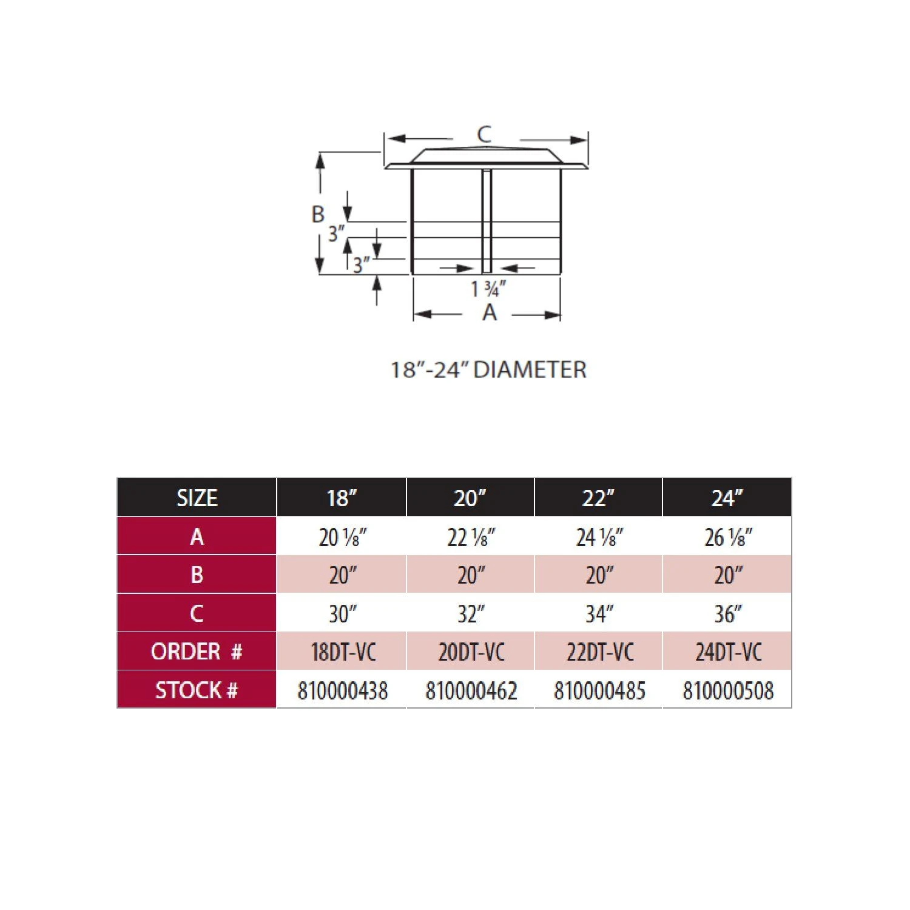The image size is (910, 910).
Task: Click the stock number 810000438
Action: pos(342,690)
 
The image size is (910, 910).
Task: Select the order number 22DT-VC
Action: pos(599,652)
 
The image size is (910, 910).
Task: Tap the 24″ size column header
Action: pos(727,498)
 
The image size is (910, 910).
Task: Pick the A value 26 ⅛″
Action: pos(728,537)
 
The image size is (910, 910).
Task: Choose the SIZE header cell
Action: pos(197,498)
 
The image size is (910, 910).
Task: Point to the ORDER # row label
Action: pos(197,652)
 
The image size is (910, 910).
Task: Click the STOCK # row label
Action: pos(197,690)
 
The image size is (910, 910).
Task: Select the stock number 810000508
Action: pos(728,690)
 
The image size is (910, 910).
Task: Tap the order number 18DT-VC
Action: pos(343,652)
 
